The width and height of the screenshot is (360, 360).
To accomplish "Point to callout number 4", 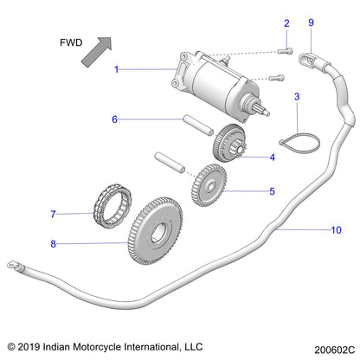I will (247, 157).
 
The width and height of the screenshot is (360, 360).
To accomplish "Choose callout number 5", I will (247, 190).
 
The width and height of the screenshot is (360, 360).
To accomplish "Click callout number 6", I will (113, 119).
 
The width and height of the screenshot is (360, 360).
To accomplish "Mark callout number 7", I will (53, 214).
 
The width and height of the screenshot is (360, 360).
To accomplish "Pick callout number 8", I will (53, 245).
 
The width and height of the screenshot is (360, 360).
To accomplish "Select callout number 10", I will (312, 230).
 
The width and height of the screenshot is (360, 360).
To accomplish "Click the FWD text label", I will (72, 41).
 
